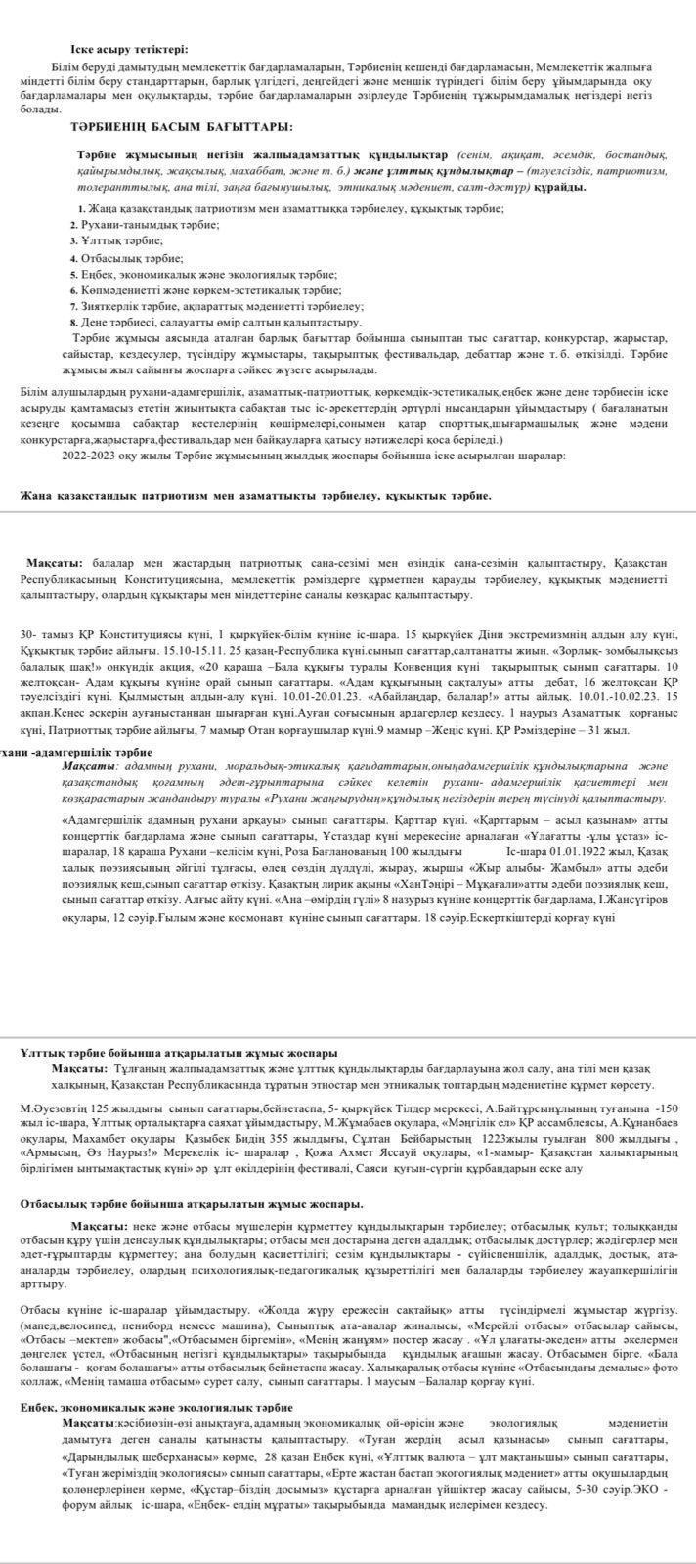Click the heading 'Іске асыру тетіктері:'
(129, 49)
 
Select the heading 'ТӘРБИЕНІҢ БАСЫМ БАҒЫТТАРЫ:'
(181, 127)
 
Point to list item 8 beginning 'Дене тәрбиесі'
(214, 322)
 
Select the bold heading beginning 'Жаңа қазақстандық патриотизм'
(256, 496)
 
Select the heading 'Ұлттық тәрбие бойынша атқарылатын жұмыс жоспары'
(179, 1054)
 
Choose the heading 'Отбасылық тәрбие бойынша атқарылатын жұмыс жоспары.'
(192, 1204)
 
